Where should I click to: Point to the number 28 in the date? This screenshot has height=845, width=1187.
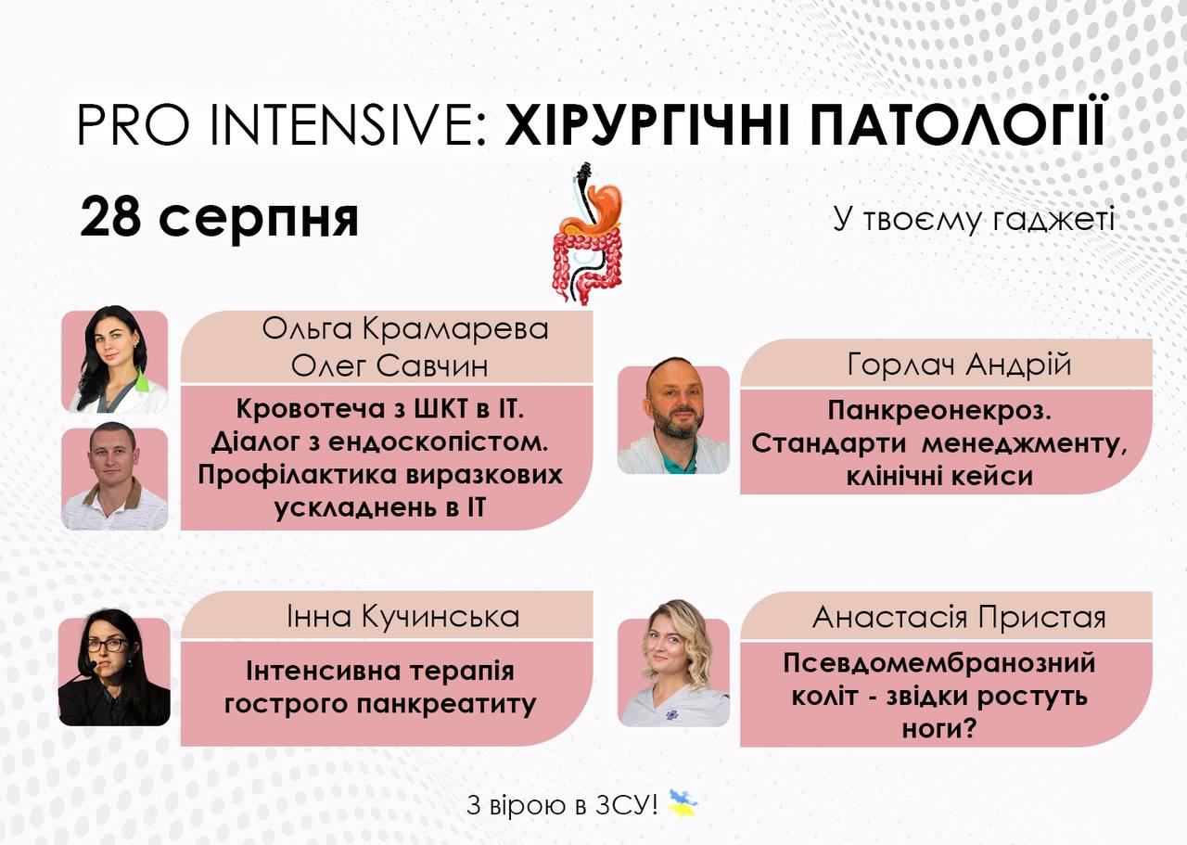[x=110, y=216]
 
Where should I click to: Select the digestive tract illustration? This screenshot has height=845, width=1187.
[x=588, y=234]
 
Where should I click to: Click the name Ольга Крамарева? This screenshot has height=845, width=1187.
[x=405, y=328]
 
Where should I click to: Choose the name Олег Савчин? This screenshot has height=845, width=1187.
[x=389, y=365]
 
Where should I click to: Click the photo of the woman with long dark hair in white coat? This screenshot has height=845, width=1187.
[x=115, y=360]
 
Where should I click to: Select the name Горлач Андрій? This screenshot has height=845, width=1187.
[x=959, y=365]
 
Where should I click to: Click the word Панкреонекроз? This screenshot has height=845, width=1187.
[x=939, y=411]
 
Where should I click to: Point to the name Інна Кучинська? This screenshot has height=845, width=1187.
[x=403, y=617]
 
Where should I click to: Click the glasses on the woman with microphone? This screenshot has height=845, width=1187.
[x=108, y=646]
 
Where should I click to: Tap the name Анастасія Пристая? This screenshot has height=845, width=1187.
[x=959, y=618]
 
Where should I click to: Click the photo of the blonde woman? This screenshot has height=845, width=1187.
[x=673, y=664]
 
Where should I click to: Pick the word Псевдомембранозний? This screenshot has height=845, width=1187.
[x=939, y=664]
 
